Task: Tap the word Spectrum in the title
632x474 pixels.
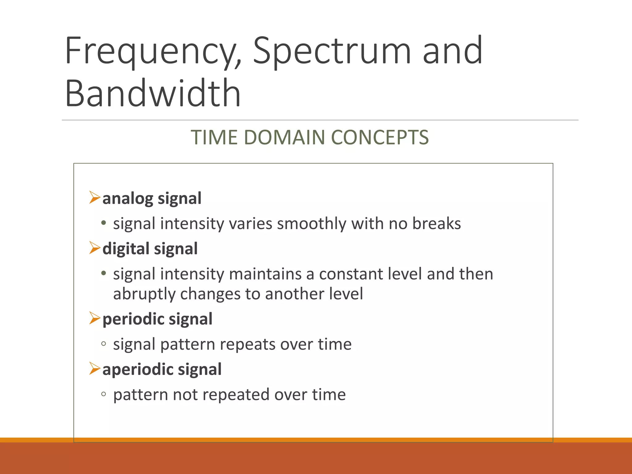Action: [x=332, y=51]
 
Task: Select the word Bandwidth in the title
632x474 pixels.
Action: [x=153, y=93]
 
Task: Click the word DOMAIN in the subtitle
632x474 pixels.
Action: [x=284, y=137]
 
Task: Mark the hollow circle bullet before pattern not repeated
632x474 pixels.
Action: [x=104, y=394]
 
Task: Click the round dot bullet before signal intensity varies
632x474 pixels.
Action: [x=104, y=223]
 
